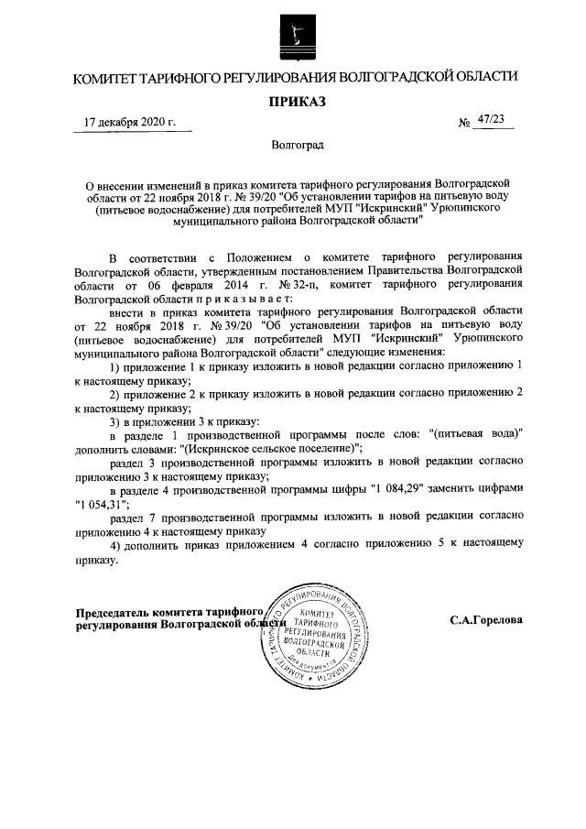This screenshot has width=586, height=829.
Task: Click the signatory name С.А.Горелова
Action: tap(486, 620)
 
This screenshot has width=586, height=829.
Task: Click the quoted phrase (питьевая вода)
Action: tap(475, 435)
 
